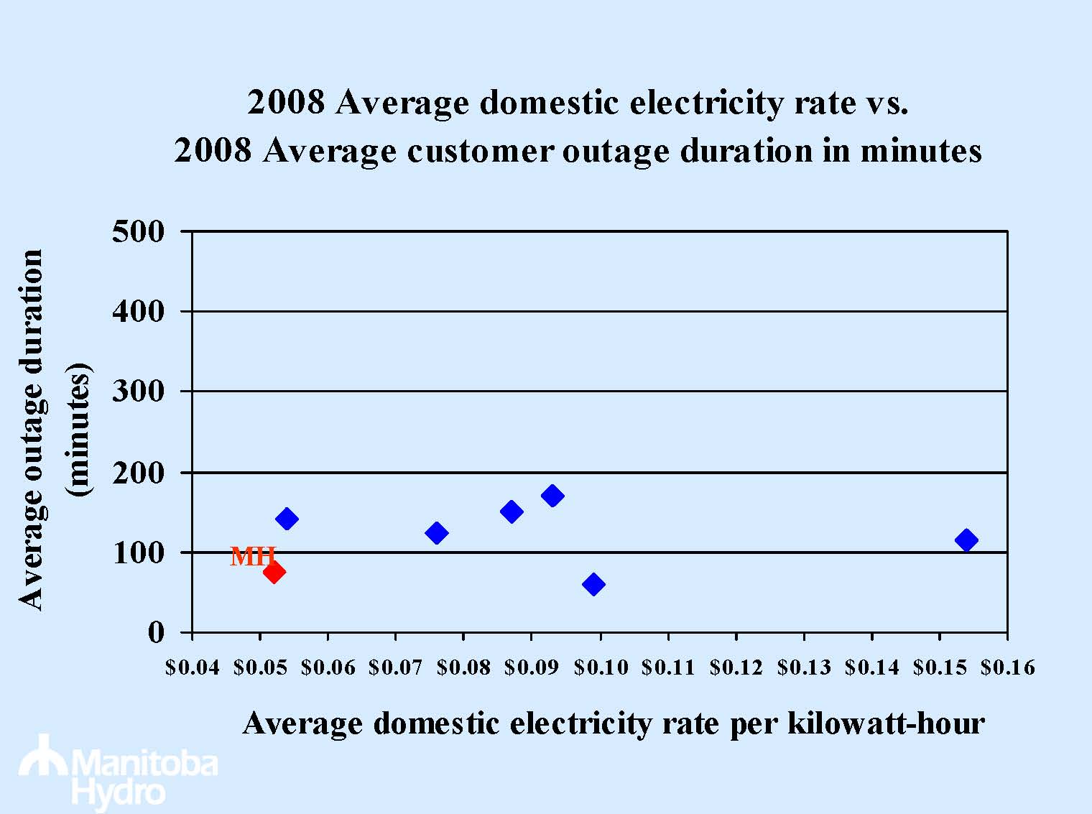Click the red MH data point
(x=274, y=572)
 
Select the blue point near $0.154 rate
(x=966, y=540)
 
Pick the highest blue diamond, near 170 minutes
(x=552, y=496)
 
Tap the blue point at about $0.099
(x=593, y=584)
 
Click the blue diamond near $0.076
(x=436, y=533)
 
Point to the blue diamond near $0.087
(x=512, y=512)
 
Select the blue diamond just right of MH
(x=287, y=519)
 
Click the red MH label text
(x=252, y=556)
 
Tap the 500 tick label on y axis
(x=139, y=231)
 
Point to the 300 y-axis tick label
(x=139, y=392)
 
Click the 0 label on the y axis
(x=156, y=632)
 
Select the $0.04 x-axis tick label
(x=192, y=668)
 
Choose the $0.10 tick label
(x=601, y=668)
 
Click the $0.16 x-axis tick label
(x=1008, y=668)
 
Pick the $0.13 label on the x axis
(x=804, y=668)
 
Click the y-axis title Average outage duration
(x=32, y=430)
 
